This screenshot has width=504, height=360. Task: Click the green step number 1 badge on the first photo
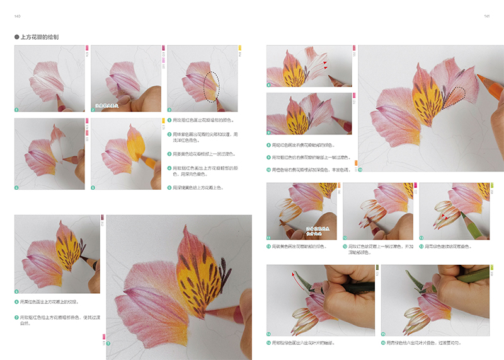click(18, 109)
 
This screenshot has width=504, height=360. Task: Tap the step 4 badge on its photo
click(18, 187)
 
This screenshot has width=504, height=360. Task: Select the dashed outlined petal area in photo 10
click(452, 96)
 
